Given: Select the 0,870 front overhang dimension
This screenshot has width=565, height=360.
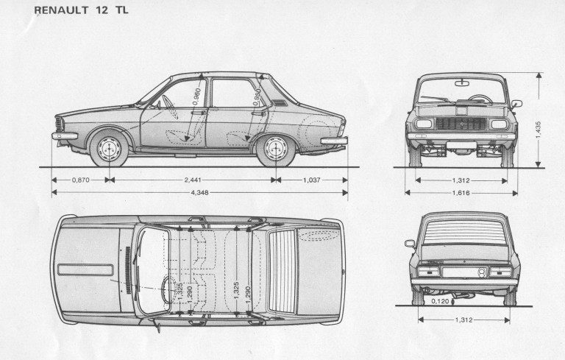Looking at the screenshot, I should (82, 180).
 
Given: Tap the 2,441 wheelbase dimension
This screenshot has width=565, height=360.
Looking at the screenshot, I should (192, 180).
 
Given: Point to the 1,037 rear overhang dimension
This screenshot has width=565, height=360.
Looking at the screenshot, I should (311, 180).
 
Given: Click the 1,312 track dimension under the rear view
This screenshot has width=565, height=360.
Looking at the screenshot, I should (463, 320).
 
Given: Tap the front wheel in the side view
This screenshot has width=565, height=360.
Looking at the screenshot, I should (109, 149).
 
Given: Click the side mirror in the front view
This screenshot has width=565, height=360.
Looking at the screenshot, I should (516, 104).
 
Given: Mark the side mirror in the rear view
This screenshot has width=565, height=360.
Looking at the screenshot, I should (410, 243).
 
